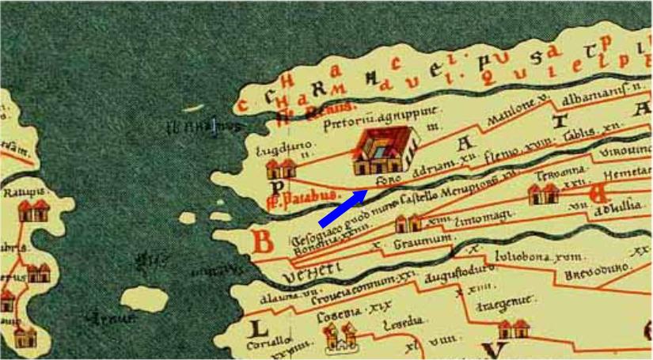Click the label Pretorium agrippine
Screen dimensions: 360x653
pos(364,120)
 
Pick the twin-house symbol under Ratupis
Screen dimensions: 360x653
pos(33,210)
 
